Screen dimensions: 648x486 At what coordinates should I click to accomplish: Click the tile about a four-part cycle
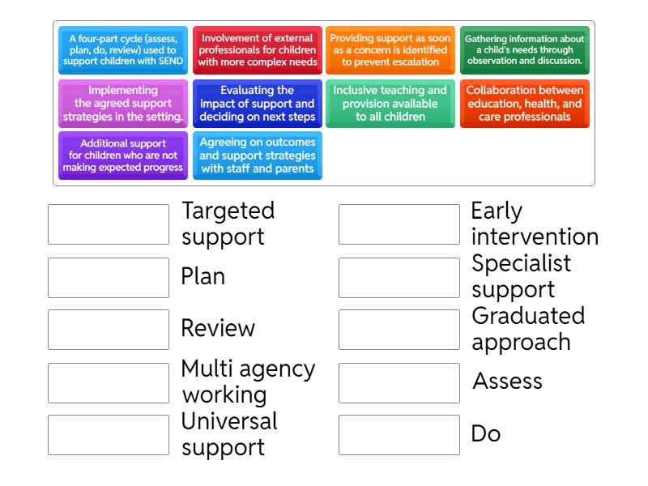click(123, 50)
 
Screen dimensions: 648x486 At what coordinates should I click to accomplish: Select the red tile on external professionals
click(258, 50)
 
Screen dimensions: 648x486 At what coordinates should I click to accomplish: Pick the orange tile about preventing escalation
click(390, 50)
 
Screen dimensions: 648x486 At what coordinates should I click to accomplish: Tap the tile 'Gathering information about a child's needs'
click(525, 50)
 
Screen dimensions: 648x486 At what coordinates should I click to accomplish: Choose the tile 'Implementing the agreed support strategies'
click(123, 104)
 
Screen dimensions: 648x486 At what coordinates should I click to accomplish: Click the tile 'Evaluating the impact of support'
click(258, 104)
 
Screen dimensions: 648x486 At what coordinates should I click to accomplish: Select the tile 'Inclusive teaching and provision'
click(390, 104)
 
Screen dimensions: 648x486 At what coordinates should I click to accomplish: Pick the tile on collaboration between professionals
click(525, 104)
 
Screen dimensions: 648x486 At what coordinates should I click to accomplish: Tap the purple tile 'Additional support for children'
click(123, 156)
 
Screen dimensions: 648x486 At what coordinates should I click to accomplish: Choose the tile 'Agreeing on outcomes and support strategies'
click(258, 156)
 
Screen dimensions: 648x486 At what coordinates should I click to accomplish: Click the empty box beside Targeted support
click(109, 224)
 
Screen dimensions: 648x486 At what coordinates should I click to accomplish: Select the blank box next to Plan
click(109, 278)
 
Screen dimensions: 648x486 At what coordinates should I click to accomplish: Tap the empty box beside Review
click(109, 330)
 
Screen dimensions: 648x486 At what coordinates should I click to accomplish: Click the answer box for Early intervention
click(399, 224)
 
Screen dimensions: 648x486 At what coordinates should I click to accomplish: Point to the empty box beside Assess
click(399, 383)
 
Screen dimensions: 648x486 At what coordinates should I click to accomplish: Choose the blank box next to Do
click(399, 435)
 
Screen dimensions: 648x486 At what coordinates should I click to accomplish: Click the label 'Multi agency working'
click(249, 382)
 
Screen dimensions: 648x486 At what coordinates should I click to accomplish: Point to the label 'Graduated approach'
click(528, 329)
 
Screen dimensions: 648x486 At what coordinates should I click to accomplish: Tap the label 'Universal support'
click(229, 434)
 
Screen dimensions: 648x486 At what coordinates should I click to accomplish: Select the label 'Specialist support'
click(521, 276)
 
